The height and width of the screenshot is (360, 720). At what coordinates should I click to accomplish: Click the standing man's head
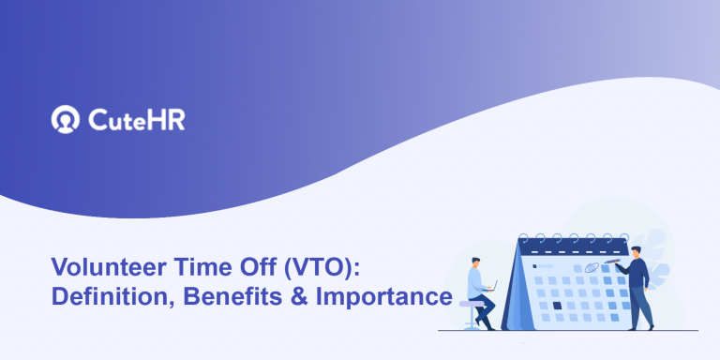tap(635, 252)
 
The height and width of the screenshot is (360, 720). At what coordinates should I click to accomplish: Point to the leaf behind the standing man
tap(661, 273)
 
